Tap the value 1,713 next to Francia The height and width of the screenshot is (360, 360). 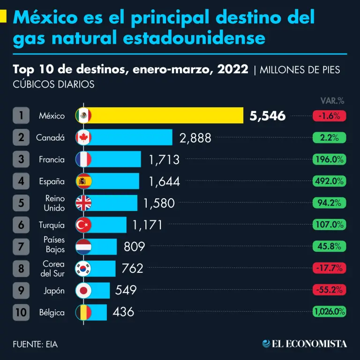164,159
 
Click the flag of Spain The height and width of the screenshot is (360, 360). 83,181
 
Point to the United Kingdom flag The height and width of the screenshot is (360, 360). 83,203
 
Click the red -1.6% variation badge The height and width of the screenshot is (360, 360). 329,115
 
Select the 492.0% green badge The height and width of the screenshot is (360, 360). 329,181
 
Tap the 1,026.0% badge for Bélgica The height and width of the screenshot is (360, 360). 329,312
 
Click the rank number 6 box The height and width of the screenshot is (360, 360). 21,225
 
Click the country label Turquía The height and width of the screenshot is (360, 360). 52,225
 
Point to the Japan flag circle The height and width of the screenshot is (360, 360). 83,291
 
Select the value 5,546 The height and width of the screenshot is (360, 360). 268,116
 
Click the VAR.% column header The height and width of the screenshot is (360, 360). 332,100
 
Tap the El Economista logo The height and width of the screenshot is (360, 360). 305,344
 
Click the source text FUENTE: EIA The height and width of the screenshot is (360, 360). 36,344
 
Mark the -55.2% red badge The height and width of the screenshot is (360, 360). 329,290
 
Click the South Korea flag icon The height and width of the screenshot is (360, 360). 83,269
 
